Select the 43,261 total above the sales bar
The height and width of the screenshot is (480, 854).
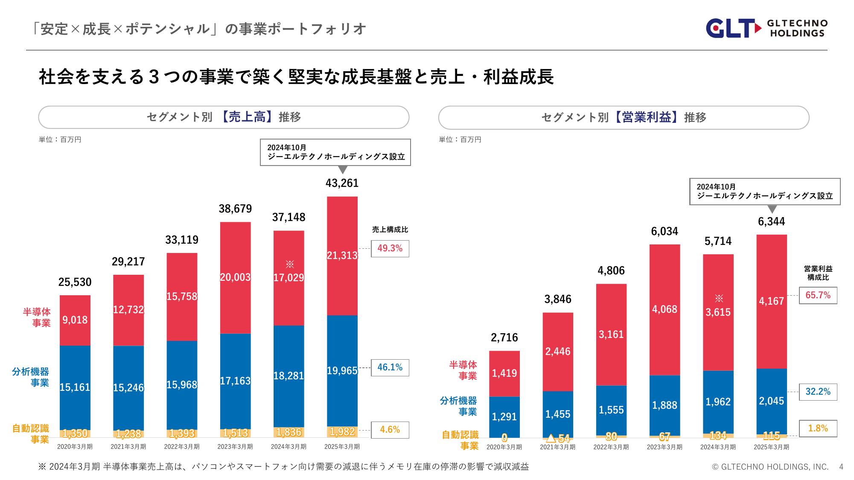342,183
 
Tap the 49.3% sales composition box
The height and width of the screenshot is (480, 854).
390,248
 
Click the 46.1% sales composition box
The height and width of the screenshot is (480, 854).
390,367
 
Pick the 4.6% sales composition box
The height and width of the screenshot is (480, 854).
390,430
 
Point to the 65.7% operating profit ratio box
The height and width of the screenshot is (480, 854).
818,295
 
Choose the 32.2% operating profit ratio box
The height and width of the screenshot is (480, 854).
818,392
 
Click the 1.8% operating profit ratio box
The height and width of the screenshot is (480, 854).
818,428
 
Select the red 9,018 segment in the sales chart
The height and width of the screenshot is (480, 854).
75,320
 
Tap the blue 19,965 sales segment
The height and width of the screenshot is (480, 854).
342,370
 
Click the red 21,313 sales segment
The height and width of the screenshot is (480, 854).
342,255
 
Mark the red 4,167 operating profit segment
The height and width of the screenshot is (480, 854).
771,301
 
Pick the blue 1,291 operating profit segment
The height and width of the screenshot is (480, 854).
504,416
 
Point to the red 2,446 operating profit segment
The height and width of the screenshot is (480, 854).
557,351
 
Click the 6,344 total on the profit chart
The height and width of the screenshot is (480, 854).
771,221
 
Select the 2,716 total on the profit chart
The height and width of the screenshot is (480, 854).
504,337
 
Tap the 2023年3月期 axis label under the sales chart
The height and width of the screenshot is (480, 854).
235,447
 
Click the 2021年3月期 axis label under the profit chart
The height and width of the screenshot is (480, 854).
557,447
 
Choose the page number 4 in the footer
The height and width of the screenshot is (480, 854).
841,467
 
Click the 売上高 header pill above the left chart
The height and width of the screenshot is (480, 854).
224,117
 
